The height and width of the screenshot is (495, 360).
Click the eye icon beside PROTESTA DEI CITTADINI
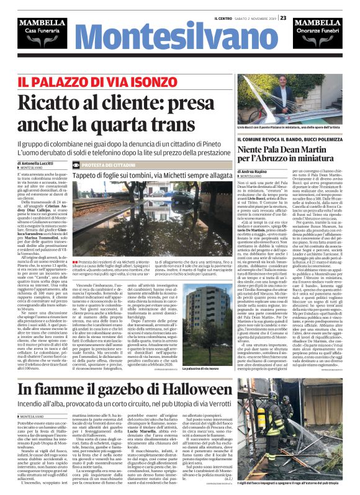76,165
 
